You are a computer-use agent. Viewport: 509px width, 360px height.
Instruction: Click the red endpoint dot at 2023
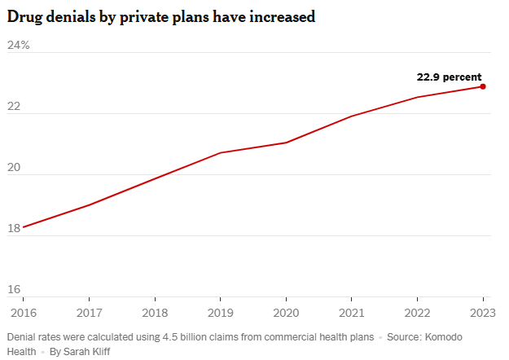pos(483,86)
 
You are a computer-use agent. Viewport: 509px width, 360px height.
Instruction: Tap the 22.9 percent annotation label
pos(449,77)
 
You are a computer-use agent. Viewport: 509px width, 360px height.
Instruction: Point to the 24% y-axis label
pos(19,46)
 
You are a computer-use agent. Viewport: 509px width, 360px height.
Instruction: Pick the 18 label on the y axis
pos(14,229)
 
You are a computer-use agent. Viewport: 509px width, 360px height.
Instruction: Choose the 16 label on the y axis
pos(14,290)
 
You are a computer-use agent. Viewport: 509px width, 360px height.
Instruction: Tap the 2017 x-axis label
pos(89,312)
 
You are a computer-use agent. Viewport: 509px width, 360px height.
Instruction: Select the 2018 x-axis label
pos(154,312)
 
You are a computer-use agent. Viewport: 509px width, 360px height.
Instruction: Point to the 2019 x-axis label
pos(220,312)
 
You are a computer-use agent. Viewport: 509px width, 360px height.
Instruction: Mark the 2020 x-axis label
pos(286,312)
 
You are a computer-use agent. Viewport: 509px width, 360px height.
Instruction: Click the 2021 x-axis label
pos(351,312)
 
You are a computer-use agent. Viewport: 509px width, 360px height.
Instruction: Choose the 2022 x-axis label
pos(417,312)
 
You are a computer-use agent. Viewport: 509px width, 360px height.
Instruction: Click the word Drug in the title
pos(24,16)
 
